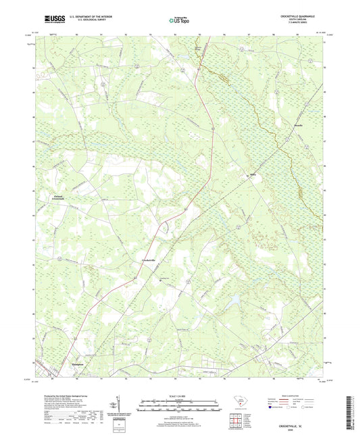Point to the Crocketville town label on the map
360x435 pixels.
[x=148, y=260]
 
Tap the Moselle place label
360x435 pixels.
[x=279, y=125]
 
